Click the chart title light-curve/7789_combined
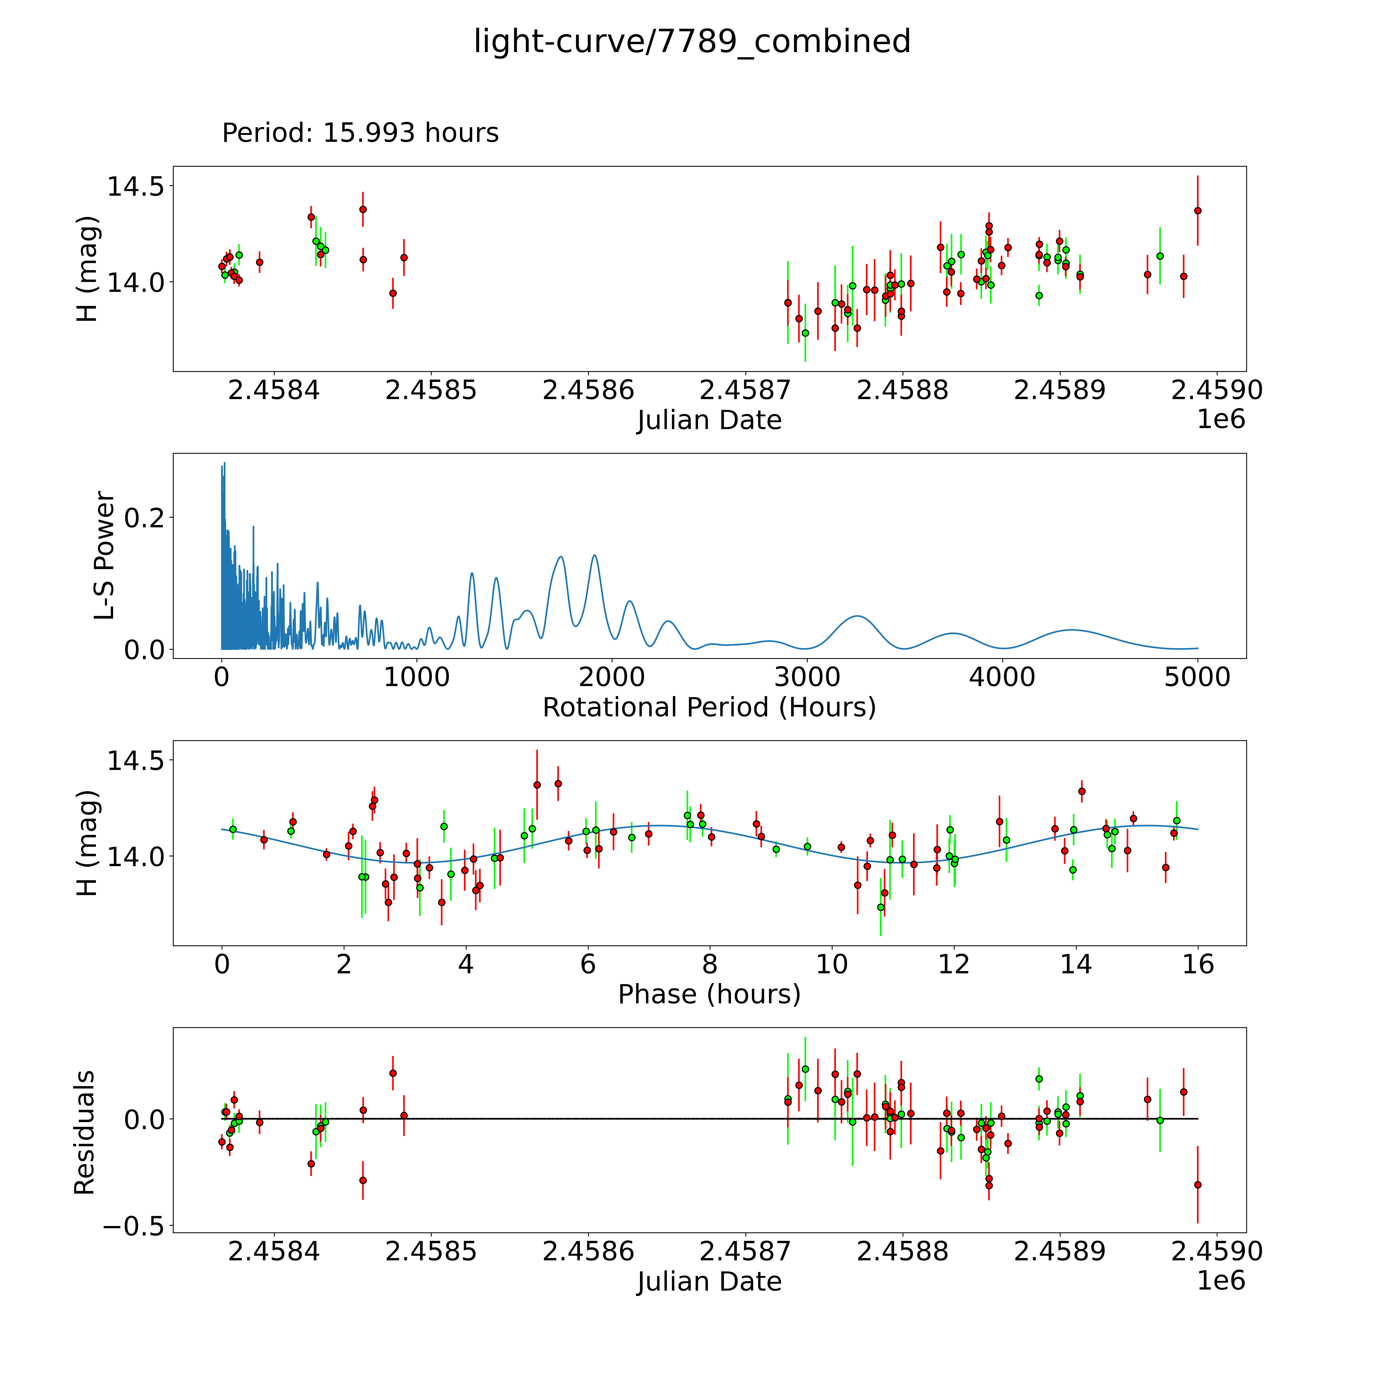coord(692,42)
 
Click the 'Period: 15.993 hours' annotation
coord(360,133)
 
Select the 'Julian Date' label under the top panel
coord(709,420)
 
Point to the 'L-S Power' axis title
coord(105,556)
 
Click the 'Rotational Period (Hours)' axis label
coord(709,708)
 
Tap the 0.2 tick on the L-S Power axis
coord(145,518)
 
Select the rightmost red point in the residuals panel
coord(1197,1185)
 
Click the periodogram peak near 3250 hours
coord(857,617)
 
